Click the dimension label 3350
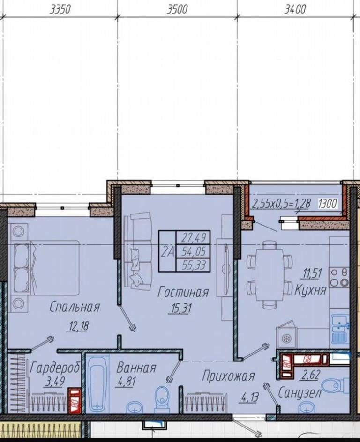pyautogui.click(x=60, y=9)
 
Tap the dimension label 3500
pyautogui.click(x=177, y=9)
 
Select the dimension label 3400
pyautogui.click(x=295, y=9)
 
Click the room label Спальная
pyautogui.click(x=75, y=306)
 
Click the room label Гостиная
pyautogui.click(x=183, y=292)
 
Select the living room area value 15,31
pyautogui.click(x=180, y=308)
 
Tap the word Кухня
pyautogui.click(x=310, y=289)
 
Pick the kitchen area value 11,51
pyautogui.click(x=312, y=273)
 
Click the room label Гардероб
pyautogui.click(x=55, y=368)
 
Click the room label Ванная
pyautogui.click(x=136, y=368)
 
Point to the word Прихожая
pyautogui.click(x=229, y=376)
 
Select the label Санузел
pyautogui.click(x=300, y=392)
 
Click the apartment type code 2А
pyautogui.click(x=167, y=251)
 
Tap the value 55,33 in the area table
pyautogui.click(x=194, y=265)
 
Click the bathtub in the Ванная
pyautogui.click(x=97, y=383)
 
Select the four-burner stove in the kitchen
pyautogui.click(x=340, y=277)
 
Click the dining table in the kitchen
pyautogui.click(x=269, y=275)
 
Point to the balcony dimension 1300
pyautogui.click(x=328, y=204)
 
